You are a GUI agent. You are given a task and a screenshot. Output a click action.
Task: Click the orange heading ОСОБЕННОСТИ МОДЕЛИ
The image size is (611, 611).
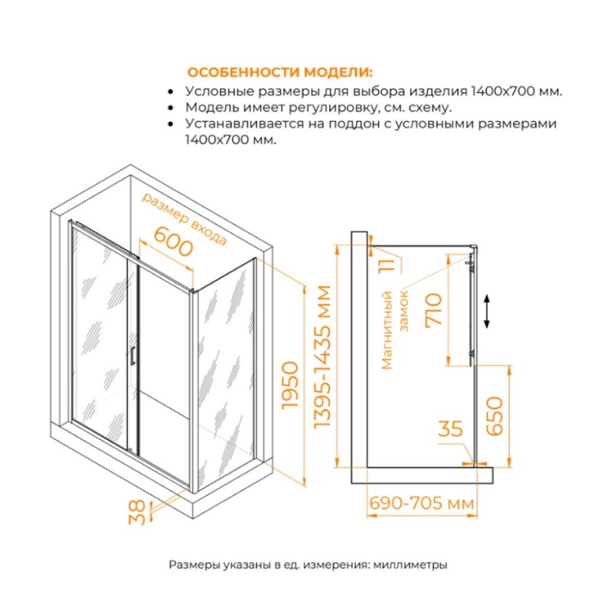click(x=280, y=73)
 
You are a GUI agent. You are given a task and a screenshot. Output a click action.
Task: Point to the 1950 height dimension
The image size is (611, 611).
click(x=291, y=386)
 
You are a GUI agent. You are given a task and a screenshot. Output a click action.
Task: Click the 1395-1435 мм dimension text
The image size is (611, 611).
click(x=322, y=357)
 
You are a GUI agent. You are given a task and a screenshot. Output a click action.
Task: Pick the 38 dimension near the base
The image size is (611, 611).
click(x=136, y=513)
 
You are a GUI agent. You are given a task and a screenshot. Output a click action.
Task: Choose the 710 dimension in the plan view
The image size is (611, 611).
click(x=434, y=310)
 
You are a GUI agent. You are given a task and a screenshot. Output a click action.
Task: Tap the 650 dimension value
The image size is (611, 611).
click(x=495, y=415)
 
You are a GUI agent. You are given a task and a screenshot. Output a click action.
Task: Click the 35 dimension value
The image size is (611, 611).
click(x=450, y=429)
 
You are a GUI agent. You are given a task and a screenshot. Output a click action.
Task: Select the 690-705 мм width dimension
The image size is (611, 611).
click(x=422, y=503)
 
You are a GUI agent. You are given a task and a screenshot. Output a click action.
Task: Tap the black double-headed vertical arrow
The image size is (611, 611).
click(x=487, y=312)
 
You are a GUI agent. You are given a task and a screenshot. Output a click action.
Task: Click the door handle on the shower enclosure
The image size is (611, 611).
click(x=132, y=356)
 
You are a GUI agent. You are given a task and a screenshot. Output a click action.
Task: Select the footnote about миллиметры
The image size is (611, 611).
click(x=308, y=565)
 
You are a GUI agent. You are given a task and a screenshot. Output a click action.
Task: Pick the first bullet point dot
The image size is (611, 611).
click(x=170, y=92)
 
